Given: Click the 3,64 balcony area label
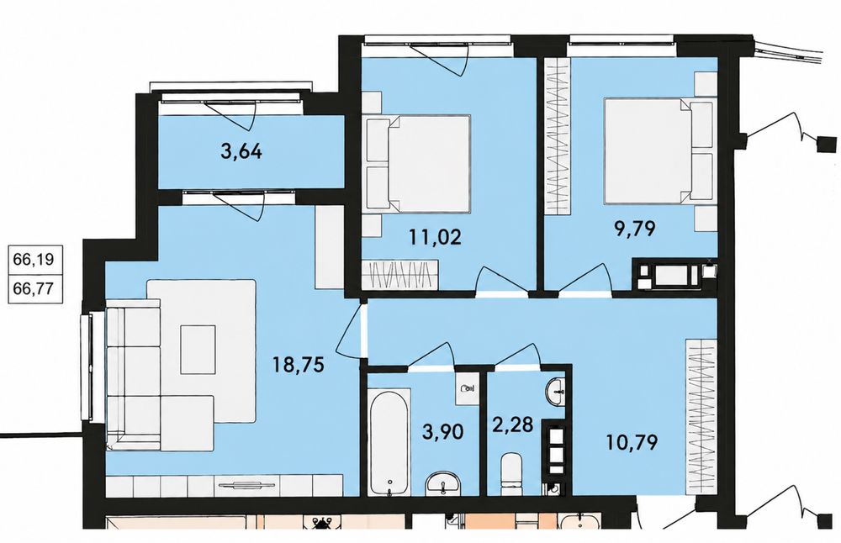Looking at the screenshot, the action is click(241, 151).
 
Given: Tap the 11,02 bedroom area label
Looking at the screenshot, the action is click(435, 236).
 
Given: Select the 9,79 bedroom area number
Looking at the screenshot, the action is click(635, 229).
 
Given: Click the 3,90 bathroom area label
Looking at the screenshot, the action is click(442, 431).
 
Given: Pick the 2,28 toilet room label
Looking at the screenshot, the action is click(513, 424).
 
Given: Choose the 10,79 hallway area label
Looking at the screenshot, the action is click(632, 442).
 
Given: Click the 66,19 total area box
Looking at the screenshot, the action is click(34, 260).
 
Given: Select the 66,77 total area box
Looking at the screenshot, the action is click(34, 289).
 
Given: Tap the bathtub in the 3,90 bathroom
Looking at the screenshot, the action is click(390, 442).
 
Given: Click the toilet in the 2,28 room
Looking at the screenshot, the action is click(511, 475).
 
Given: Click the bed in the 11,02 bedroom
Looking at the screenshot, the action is click(418, 164).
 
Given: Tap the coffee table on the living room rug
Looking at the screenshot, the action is click(198, 350).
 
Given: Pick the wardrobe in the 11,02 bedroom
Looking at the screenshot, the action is click(400, 275).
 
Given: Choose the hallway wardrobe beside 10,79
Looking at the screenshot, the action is click(702, 417).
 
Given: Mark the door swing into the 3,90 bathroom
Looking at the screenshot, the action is click(432, 355).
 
